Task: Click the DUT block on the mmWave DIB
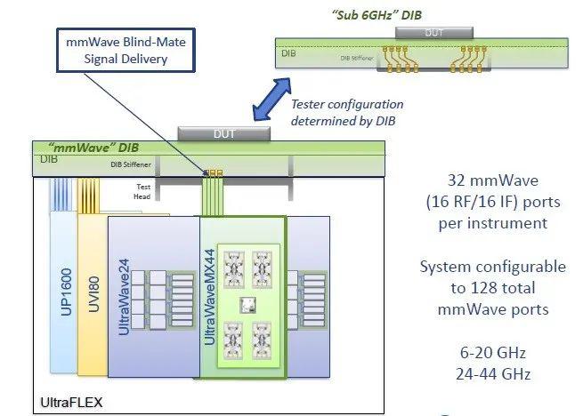click(224, 133)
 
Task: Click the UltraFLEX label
click(70, 403)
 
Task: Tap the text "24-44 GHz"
click(493, 374)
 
